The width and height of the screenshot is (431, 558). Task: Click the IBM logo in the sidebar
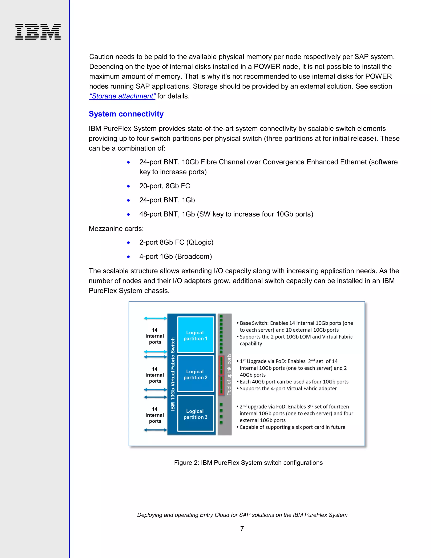pyautogui.click(x=38, y=32)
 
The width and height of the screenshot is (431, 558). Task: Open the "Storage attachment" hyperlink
pyautogui.click(x=122, y=96)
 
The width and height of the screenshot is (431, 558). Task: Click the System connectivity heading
pyautogui.click(x=126, y=114)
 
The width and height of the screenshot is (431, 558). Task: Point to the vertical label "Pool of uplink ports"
pyautogui.click(x=229, y=374)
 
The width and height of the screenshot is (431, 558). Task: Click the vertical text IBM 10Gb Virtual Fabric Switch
pyautogui.click(x=173, y=374)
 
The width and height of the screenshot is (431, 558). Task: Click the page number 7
pyautogui.click(x=242, y=529)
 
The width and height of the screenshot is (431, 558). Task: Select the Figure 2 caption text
pyautogui.click(x=248, y=463)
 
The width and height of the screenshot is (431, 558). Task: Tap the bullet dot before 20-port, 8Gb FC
pyautogui.click(x=128, y=186)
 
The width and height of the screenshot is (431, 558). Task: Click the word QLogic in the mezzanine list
pyautogui.click(x=200, y=242)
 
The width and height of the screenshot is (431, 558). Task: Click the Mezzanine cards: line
pyautogui.click(x=116, y=229)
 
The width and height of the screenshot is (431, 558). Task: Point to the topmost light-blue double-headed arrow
pyautogui.click(x=155, y=318)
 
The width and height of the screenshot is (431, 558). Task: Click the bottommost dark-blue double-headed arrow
pyautogui.click(x=155, y=430)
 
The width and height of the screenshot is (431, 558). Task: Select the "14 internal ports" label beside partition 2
pyautogui.click(x=155, y=375)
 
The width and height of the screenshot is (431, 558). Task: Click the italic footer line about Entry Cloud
pyautogui.click(x=242, y=515)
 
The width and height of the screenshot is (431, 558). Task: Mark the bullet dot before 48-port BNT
pyautogui.click(x=128, y=215)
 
